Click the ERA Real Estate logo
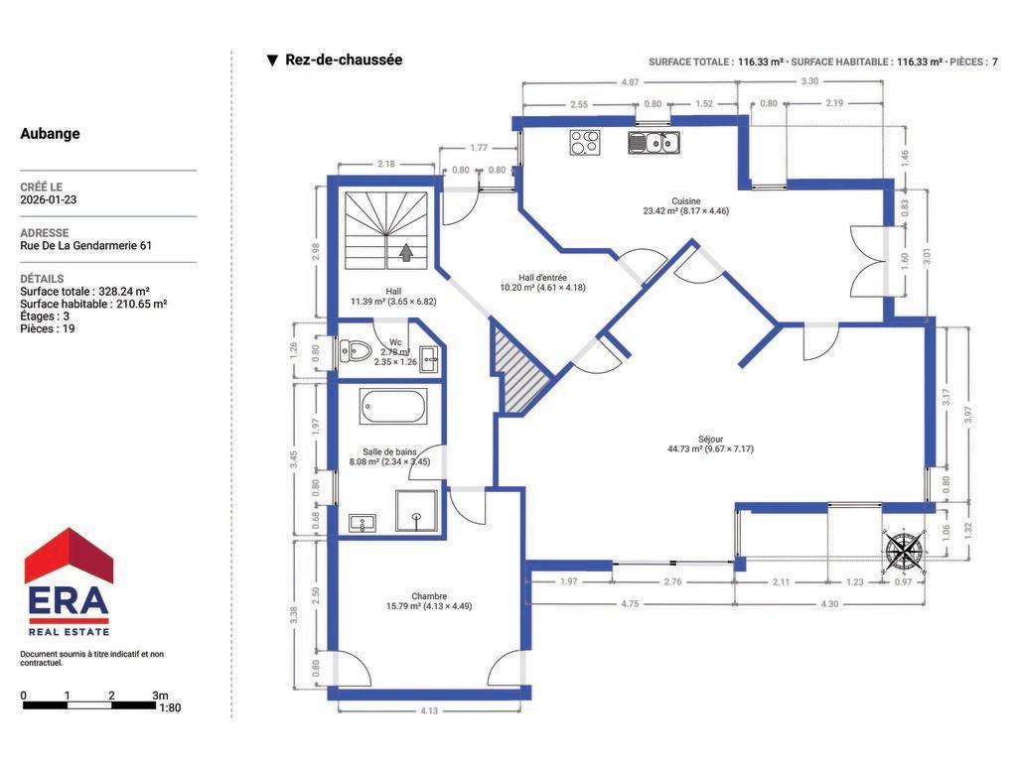pos(69,581)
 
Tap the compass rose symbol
pos(904,551)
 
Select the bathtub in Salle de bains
pos(393,406)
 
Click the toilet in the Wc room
pos(355,351)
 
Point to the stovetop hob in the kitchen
pos(585,143)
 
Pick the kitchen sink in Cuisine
pos(654,142)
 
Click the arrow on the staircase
pos(406,252)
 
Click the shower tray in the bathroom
pos(416,511)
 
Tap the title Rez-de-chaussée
pos(344,60)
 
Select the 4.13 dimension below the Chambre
pos(429,710)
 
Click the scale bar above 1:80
pos(89,705)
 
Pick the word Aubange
pos(50,134)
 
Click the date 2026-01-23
pos(48,199)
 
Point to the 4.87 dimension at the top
pos(630,82)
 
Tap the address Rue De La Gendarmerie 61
pos(85,246)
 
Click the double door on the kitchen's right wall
pos(869,261)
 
